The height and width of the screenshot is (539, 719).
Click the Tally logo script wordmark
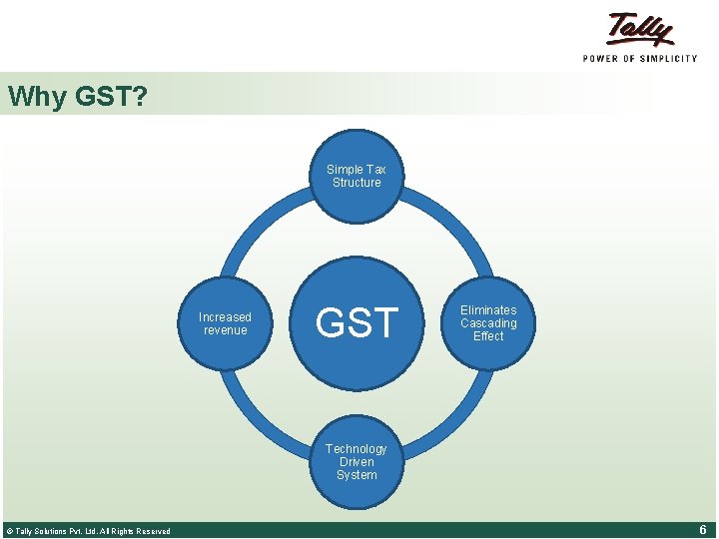pyautogui.click(x=640, y=29)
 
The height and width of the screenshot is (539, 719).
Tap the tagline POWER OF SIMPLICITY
pyautogui.click(x=640, y=59)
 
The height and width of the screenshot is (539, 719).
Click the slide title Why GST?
pyautogui.click(x=77, y=96)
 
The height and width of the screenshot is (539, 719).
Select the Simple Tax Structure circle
pyautogui.click(x=357, y=176)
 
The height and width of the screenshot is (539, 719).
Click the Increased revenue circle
pyautogui.click(x=225, y=323)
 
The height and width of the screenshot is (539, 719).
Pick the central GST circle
pyautogui.click(x=357, y=323)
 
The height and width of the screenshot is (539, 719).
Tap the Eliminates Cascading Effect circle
pyautogui.click(x=488, y=323)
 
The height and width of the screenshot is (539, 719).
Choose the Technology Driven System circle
pyautogui.click(x=357, y=462)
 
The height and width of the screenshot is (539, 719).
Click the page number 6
pyautogui.click(x=703, y=530)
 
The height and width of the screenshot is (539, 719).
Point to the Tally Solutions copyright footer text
pyautogui.click(x=88, y=531)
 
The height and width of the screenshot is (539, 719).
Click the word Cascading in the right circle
pyautogui.click(x=488, y=323)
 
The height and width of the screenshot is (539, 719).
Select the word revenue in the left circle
pyautogui.click(x=225, y=330)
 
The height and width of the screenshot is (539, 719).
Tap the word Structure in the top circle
pyautogui.click(x=357, y=183)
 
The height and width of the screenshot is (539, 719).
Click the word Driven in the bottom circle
pyautogui.click(x=357, y=462)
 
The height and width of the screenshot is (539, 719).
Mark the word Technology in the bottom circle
pyautogui.click(x=357, y=449)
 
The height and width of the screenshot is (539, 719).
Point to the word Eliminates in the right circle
pyautogui.click(x=488, y=310)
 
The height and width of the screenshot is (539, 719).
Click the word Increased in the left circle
pyautogui.click(x=225, y=317)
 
